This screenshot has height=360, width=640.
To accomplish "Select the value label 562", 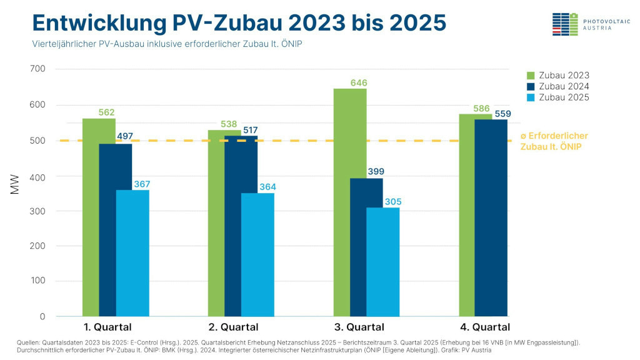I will [x=107, y=112].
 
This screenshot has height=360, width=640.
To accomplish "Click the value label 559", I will [x=503, y=114].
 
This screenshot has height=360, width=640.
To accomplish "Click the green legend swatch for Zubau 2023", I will [x=531, y=75].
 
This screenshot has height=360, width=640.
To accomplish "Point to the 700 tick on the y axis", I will [x=37, y=69].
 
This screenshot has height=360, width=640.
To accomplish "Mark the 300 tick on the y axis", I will [x=37, y=211].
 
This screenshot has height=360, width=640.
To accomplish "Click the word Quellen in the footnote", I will [x=31, y=342].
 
